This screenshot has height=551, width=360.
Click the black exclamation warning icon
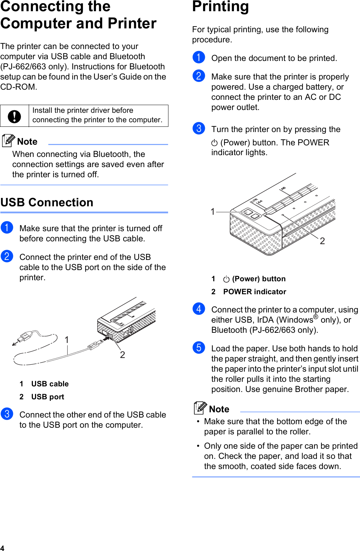[14, 116]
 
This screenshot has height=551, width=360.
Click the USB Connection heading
[47, 202]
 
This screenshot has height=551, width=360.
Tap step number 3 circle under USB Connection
[7, 414]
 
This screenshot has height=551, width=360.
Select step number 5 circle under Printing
[199, 347]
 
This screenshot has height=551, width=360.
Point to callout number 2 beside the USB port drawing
[123, 355]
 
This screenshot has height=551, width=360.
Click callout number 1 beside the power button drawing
[213, 212]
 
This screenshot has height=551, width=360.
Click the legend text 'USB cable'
[50, 384]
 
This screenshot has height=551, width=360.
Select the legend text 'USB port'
[48, 397]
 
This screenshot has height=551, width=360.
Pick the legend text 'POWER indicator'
[255, 292]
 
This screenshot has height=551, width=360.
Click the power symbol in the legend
[226, 279]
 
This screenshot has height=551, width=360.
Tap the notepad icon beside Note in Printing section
[200, 408]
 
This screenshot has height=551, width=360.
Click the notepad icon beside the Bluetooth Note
[8, 140]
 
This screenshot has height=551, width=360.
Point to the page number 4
[2, 548]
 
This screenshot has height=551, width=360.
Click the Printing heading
[221, 7]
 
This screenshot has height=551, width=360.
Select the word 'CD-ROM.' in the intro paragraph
[19, 87]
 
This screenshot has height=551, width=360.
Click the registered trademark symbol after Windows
[316, 317]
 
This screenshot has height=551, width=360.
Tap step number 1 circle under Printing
[199, 57]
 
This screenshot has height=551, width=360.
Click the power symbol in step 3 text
[215, 143]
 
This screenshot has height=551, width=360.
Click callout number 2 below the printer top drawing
[322, 241]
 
